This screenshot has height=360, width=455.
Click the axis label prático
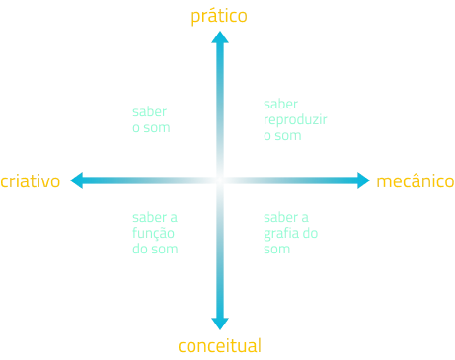tap(219, 16)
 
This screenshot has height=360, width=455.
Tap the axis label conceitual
tap(219, 346)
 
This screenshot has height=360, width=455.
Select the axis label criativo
tap(31, 180)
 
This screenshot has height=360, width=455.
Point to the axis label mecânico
tap(416, 181)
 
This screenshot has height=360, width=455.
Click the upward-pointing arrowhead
tap(220, 37)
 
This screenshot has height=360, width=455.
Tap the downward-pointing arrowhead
tap(220, 324)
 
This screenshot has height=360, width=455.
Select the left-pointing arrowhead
tap(77, 180)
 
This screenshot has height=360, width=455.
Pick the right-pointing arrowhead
tap(363, 180)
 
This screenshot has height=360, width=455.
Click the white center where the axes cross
tap(220, 180)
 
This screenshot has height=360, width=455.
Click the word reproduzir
tap(295, 120)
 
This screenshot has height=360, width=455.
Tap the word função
tap(153, 233)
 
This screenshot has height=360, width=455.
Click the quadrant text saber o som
tap(151, 119)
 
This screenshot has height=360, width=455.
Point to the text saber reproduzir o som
tap(295, 119)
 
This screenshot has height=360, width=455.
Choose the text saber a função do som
tap(155, 233)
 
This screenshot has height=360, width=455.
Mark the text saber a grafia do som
tap(290, 233)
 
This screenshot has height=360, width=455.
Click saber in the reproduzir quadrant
tap(280, 104)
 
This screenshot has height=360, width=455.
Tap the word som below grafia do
tap(276, 250)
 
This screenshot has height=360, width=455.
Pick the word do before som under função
tap(140, 249)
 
